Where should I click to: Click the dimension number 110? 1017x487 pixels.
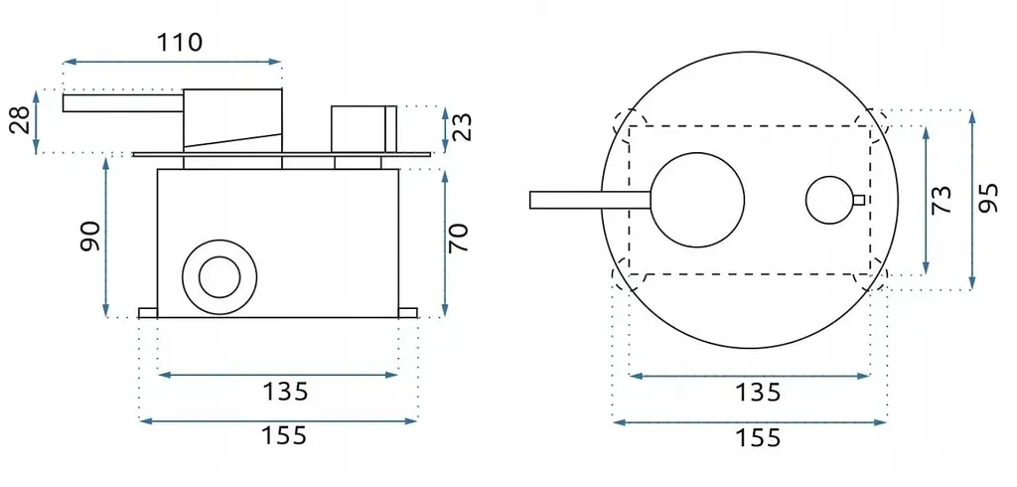click(180, 42)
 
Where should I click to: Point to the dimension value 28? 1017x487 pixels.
click(21, 121)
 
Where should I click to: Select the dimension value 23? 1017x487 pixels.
click(463, 126)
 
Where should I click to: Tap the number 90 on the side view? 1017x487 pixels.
click(90, 237)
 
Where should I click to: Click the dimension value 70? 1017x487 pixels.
click(458, 238)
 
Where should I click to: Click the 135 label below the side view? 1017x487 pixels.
click(285, 392)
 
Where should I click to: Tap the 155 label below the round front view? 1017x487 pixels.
click(758, 438)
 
